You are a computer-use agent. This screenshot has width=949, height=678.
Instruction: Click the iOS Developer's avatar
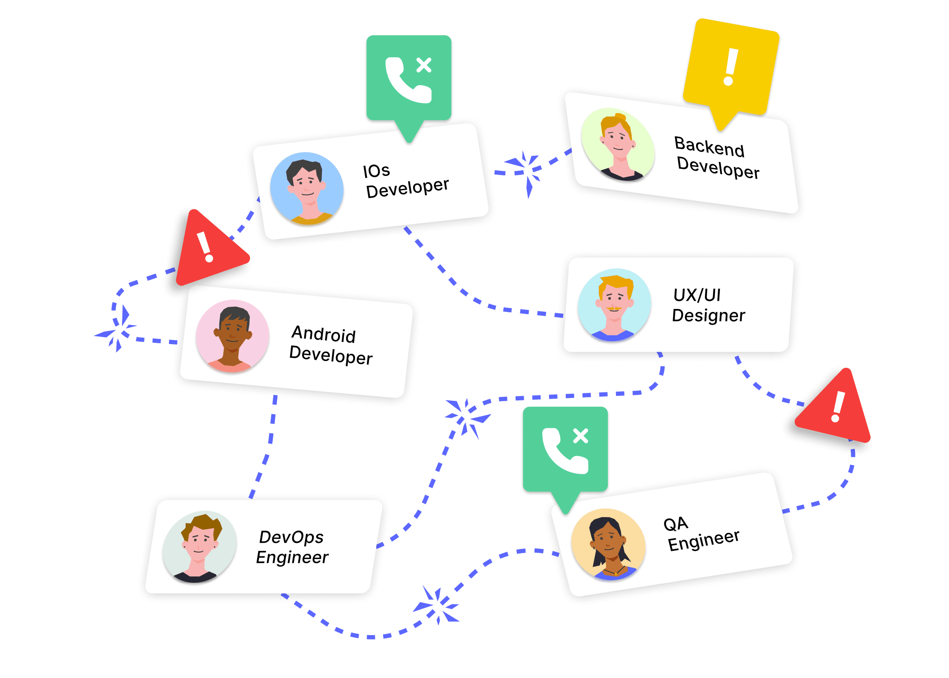pos(307,189)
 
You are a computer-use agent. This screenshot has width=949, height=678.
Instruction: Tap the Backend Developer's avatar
pos(618,144)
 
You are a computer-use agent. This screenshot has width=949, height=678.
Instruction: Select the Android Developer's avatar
pos(233,336)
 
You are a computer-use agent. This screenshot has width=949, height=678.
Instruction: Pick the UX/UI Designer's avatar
pos(614,305)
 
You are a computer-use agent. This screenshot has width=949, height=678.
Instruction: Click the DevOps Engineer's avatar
pos(200,547)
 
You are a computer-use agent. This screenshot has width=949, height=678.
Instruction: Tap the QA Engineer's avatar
pos(608,545)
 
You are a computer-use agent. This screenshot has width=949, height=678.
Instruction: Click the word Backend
pos(709,146)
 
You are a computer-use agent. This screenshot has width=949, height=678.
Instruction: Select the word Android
pos(324,334)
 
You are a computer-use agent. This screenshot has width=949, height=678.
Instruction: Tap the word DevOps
pos(291,537)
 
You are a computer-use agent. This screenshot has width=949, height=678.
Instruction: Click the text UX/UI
pos(697,295)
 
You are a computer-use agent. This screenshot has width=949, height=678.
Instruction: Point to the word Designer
pos(708,316)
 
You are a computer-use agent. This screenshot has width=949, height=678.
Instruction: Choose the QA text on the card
pos(676,524)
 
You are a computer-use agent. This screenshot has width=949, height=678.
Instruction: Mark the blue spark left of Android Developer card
pos(116,330)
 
